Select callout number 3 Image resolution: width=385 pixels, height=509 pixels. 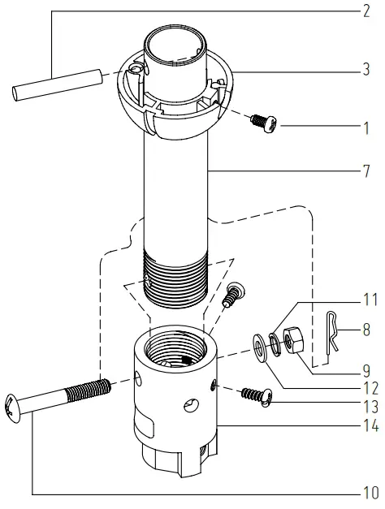point(366,71)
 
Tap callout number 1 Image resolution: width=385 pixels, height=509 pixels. point(366,128)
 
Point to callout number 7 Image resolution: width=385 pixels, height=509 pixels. point(366,172)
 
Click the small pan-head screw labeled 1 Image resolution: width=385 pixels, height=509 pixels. point(263,123)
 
